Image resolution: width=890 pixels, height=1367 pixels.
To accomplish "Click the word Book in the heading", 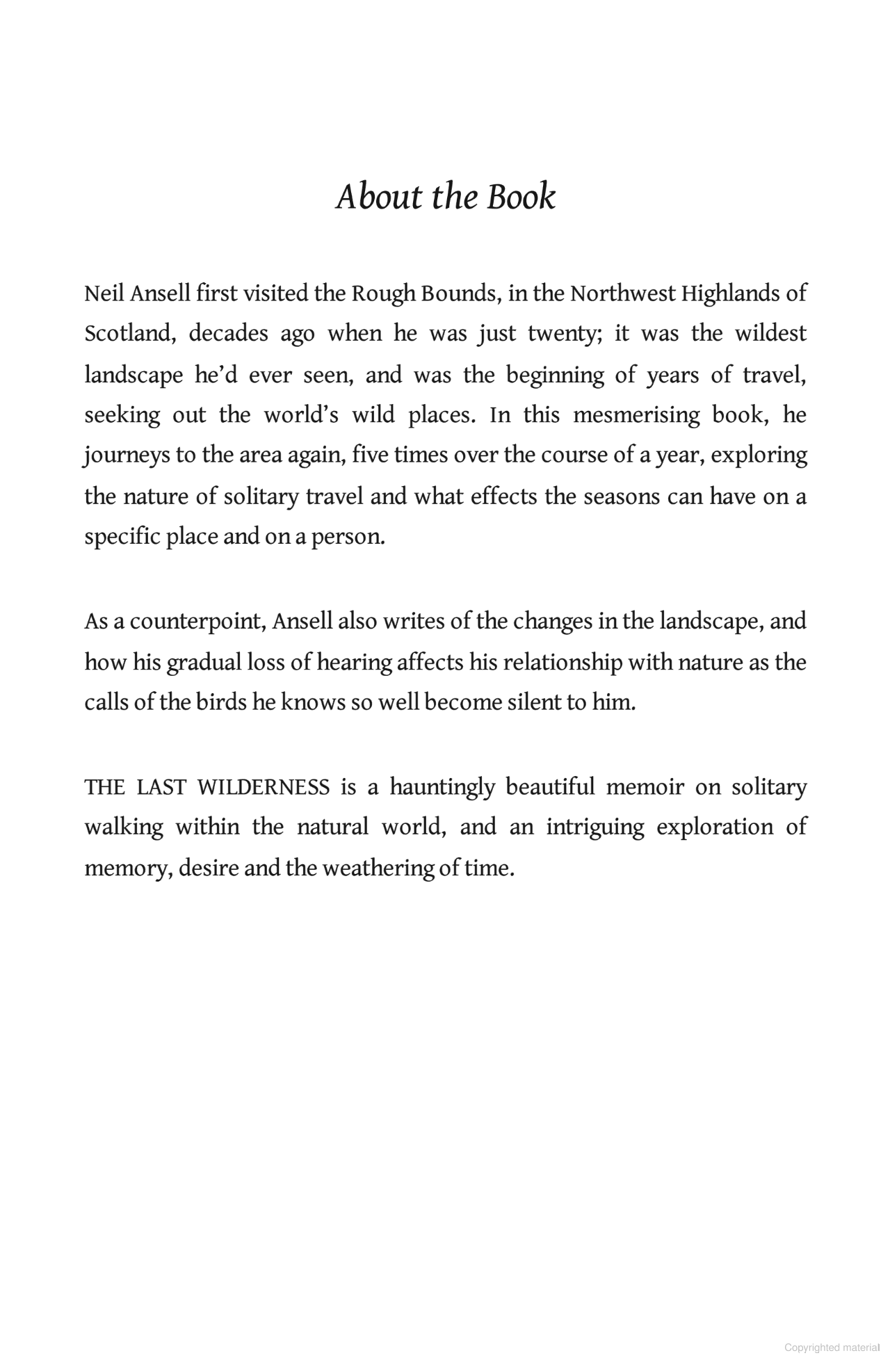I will pyautogui.click(x=521, y=197).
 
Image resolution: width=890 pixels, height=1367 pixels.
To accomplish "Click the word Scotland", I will pyautogui.click(x=127, y=334).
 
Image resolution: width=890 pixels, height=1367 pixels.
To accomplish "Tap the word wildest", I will pyautogui.click(x=770, y=334).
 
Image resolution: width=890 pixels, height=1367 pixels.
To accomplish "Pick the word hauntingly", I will pyautogui.click(x=442, y=787).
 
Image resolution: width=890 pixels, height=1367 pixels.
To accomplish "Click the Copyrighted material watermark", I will pyautogui.click(x=832, y=1348).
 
